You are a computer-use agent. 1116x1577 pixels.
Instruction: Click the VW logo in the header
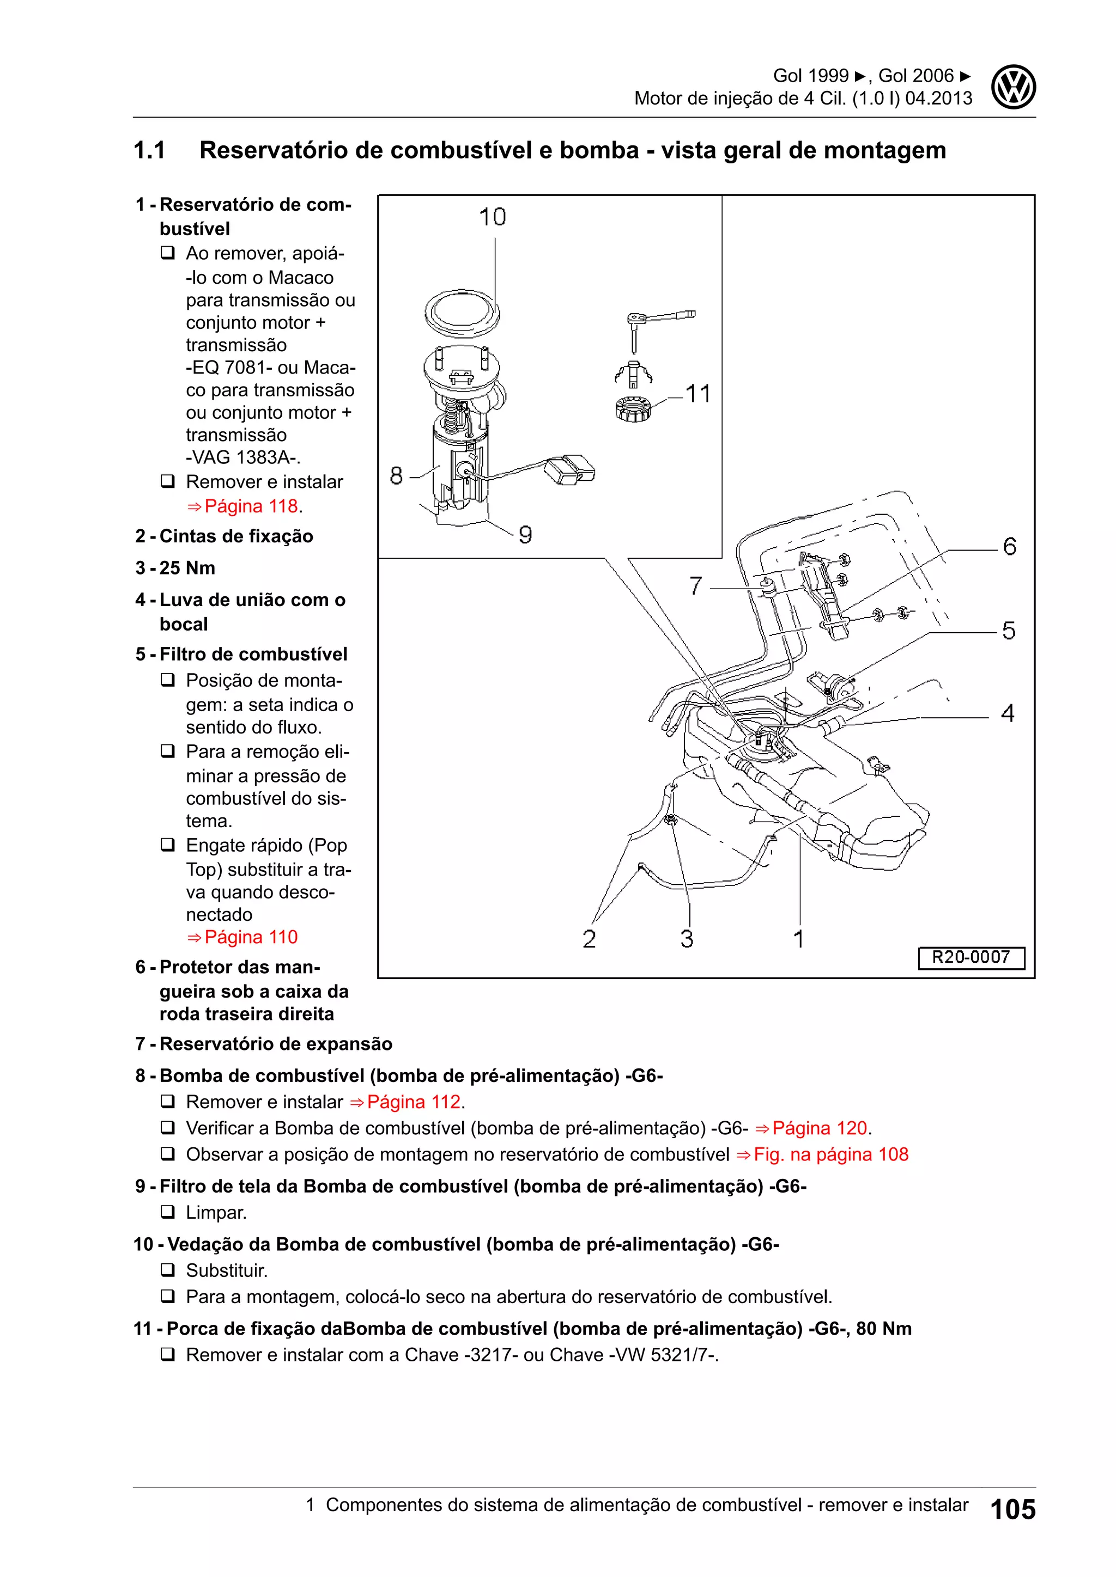[1013, 87]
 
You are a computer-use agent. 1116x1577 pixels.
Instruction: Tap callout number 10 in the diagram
[492, 218]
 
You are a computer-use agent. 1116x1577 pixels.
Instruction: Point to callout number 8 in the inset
[397, 475]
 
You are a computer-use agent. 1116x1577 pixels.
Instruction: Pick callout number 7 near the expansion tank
[695, 586]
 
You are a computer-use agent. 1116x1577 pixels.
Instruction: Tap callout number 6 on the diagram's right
[1009, 547]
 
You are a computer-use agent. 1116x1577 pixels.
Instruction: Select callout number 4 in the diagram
[1008, 714]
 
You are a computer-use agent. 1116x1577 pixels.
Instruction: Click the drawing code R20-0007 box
[971, 957]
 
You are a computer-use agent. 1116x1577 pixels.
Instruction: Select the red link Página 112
[413, 1102]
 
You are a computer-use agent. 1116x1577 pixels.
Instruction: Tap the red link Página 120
[819, 1128]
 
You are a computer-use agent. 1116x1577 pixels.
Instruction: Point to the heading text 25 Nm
[187, 568]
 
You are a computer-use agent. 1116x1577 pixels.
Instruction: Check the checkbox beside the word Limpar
[168, 1212]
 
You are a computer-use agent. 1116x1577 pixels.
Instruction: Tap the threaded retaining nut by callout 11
[632, 410]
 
